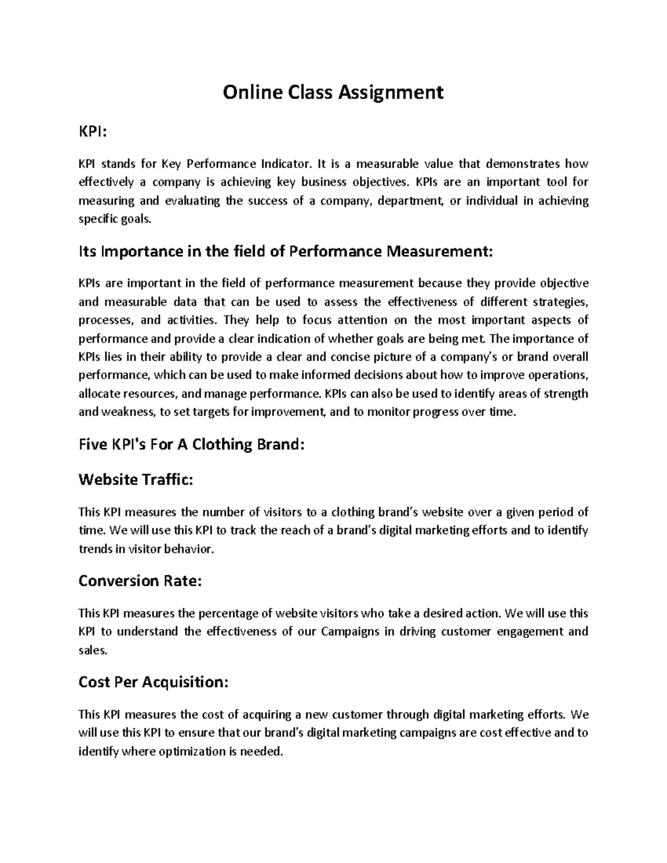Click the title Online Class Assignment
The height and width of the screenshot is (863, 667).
[333, 92]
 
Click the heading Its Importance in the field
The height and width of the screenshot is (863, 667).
[285, 252]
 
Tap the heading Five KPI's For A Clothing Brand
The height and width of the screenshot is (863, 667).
[192, 445]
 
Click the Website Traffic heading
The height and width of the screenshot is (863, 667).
[136, 480]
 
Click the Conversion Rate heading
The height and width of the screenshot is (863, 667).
[140, 581]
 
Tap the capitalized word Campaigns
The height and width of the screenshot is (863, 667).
[351, 632]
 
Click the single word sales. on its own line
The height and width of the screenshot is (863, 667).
[92, 650]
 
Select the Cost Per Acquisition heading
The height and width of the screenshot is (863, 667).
[153, 682]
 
